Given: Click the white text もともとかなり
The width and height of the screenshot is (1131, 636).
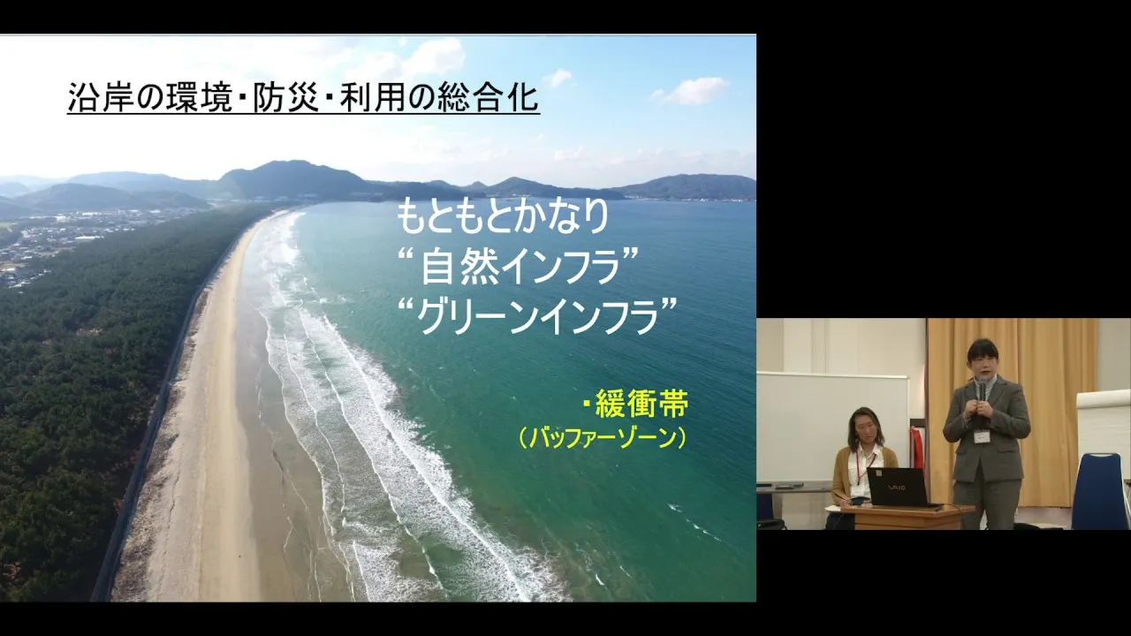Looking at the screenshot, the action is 503,216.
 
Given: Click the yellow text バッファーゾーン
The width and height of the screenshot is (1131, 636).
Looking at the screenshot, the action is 603,438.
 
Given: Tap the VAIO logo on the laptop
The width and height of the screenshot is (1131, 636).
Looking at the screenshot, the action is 897,487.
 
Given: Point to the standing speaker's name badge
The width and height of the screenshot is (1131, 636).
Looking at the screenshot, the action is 981,436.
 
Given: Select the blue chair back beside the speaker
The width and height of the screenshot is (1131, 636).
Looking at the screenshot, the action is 1102,489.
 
